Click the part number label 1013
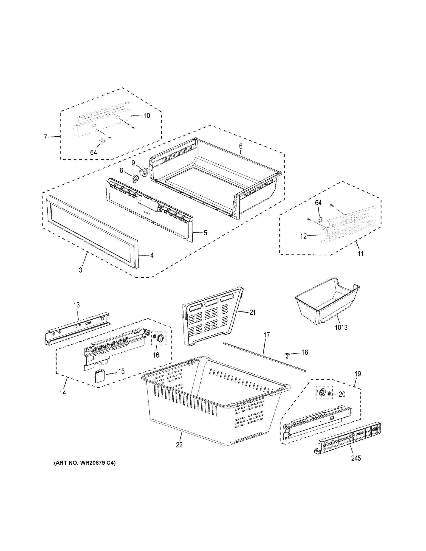341,327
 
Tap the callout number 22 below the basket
179,445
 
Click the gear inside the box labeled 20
322,393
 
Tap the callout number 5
206,233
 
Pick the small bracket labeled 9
143,172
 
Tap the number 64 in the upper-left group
93,152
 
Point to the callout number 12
303,236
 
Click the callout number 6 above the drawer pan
240,146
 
